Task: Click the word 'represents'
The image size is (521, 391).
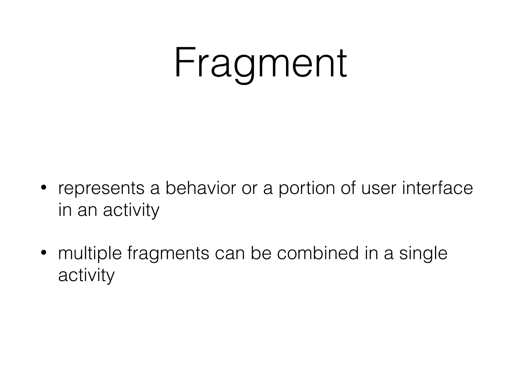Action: click(x=101, y=189)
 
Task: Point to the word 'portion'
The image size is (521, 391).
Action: click(x=307, y=189)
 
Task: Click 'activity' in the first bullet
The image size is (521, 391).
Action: click(x=131, y=211)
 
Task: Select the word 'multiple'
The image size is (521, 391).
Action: click(x=90, y=254)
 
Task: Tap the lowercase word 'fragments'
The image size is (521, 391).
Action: click(x=168, y=254)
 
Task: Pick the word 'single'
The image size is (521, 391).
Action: click(x=423, y=254)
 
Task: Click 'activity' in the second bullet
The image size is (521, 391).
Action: click(x=86, y=276)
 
